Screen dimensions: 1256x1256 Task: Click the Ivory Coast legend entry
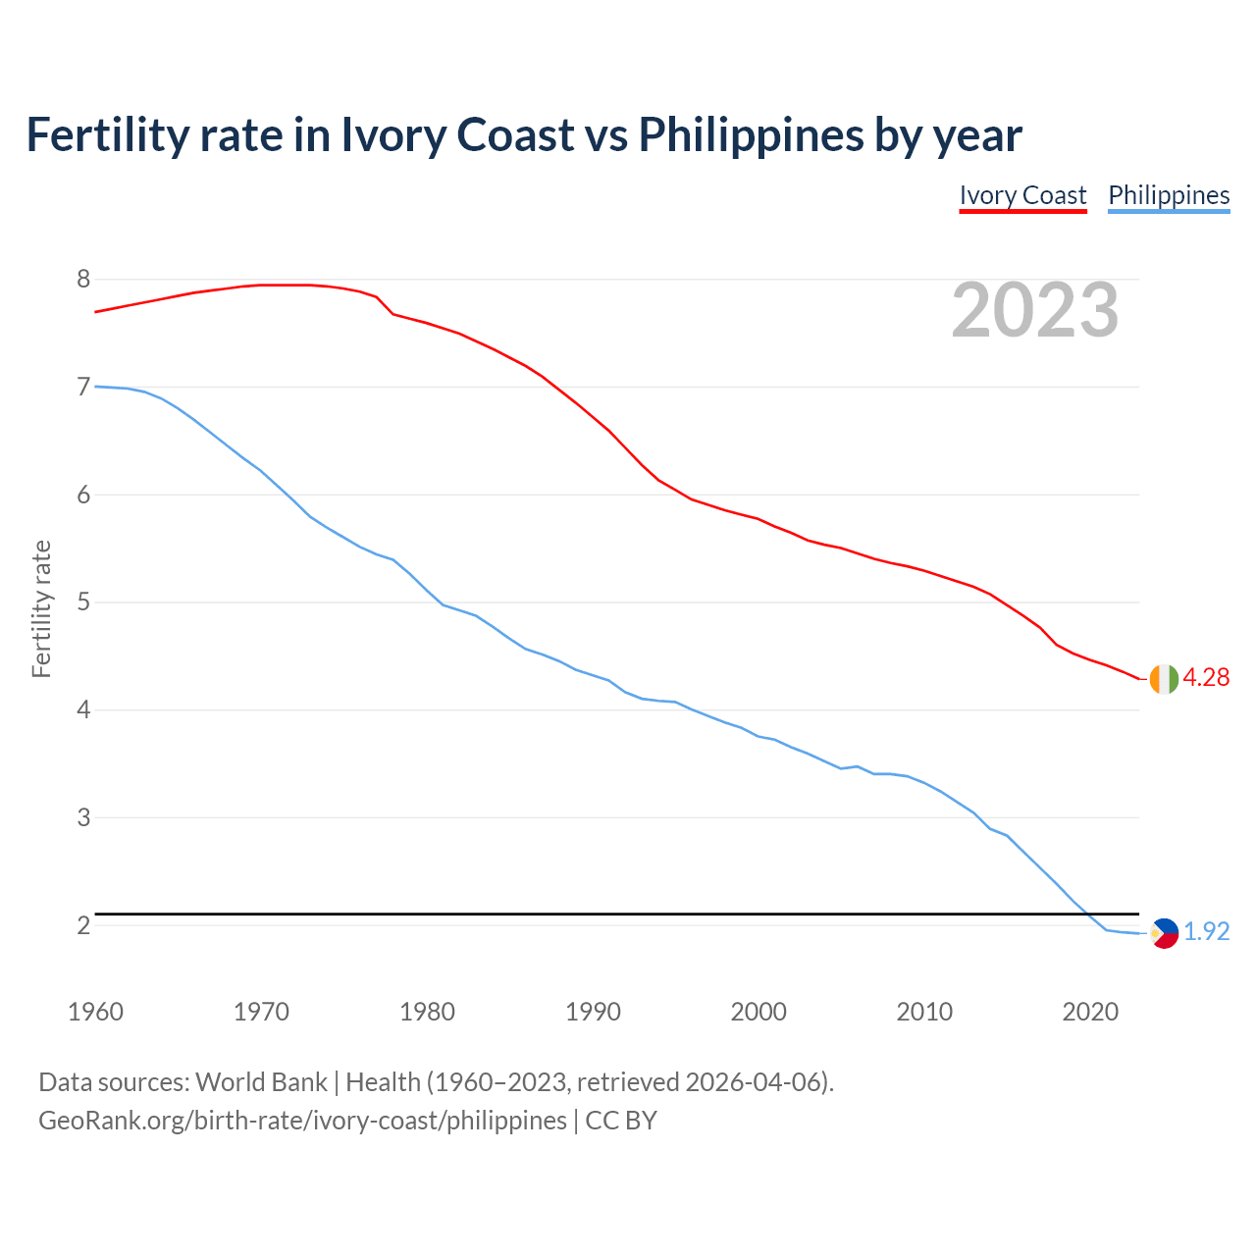coord(1022,195)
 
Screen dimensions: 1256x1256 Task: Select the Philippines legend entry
coord(1169,195)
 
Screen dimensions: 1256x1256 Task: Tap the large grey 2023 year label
coord(1035,310)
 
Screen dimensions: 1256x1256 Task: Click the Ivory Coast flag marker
coord(1164,679)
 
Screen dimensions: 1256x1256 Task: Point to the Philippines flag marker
coord(1164,933)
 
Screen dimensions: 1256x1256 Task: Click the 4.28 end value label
coord(1206,678)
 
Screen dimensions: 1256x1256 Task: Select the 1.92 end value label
coord(1206,932)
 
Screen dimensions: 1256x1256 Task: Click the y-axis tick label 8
coord(83,280)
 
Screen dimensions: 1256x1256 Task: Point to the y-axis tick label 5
coord(83,602)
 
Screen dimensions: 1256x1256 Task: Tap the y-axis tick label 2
coord(83,925)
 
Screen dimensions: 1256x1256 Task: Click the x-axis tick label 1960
coord(95,1012)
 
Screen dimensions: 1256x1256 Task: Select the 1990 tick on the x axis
coord(593,1012)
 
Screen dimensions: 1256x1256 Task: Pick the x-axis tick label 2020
coord(1090,1012)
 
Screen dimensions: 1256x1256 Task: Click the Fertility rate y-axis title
coord(41,608)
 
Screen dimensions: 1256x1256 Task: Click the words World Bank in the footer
coord(261,1082)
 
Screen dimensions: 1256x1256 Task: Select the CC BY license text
coord(621,1121)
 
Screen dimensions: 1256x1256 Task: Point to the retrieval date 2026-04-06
coord(753,1082)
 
